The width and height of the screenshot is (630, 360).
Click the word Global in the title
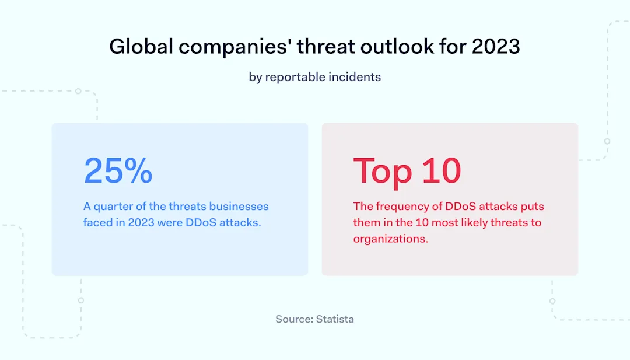pyautogui.click(x=141, y=47)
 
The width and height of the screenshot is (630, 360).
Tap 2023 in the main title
pyautogui.click(x=496, y=47)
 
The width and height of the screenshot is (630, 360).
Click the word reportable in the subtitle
pyautogui.click(x=296, y=77)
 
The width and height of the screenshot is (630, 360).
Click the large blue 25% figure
pyautogui.click(x=118, y=170)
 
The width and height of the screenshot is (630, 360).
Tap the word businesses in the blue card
pyautogui.click(x=239, y=207)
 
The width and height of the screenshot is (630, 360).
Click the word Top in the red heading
pyautogui.click(x=383, y=171)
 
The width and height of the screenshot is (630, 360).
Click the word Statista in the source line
pyautogui.click(x=335, y=319)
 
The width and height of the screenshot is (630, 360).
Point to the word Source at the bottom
pyautogui.click(x=295, y=319)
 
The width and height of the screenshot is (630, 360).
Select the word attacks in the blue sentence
pyautogui.click(x=240, y=223)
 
